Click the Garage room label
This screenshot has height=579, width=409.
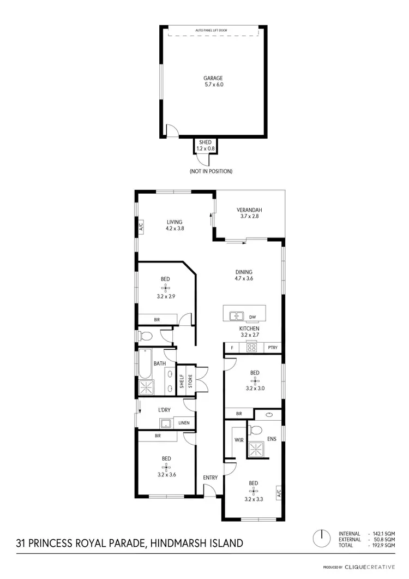(213, 78)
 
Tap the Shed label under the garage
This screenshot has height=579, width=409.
(205, 142)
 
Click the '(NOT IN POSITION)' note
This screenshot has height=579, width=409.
(211, 171)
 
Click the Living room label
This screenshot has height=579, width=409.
(175, 222)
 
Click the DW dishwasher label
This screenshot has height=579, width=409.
(252, 317)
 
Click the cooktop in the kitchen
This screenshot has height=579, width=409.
(252, 347)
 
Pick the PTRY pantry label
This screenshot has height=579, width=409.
(272, 348)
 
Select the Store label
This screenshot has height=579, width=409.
(191, 380)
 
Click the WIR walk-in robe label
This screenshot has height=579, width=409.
(238, 439)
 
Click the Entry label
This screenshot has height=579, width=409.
(210, 477)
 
